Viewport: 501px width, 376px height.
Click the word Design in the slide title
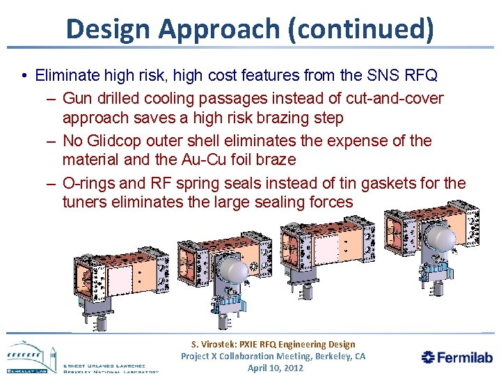pos(108,29)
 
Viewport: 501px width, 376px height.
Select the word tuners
pos(86,202)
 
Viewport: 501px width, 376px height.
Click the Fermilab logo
pos(457,357)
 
